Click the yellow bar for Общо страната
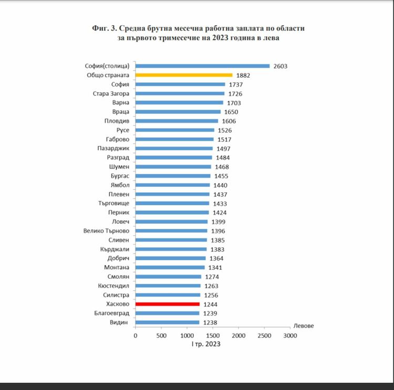pos(184,75)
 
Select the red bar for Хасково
pos(168,304)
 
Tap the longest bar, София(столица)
pos(202,66)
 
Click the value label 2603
pos(281,66)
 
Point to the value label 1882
pos(243,76)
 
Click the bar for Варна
pos(179,103)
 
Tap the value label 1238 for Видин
pos(210,322)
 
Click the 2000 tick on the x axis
pos(239,335)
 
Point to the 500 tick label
pos(161,335)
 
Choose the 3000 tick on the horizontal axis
pos(290,335)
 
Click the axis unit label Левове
pos(304,326)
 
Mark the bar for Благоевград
pos(167,313)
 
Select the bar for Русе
pos(175,130)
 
